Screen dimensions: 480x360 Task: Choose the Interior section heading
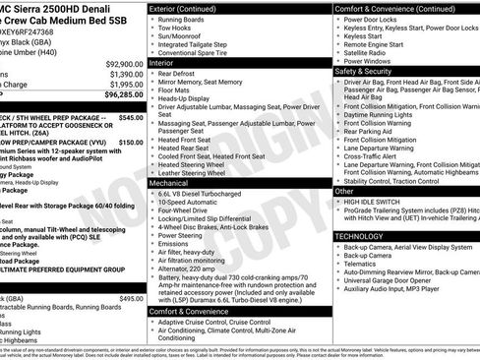(x=167, y=62)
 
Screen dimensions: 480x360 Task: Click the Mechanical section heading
(x=175, y=183)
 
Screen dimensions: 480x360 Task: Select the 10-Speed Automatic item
(x=195, y=205)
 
